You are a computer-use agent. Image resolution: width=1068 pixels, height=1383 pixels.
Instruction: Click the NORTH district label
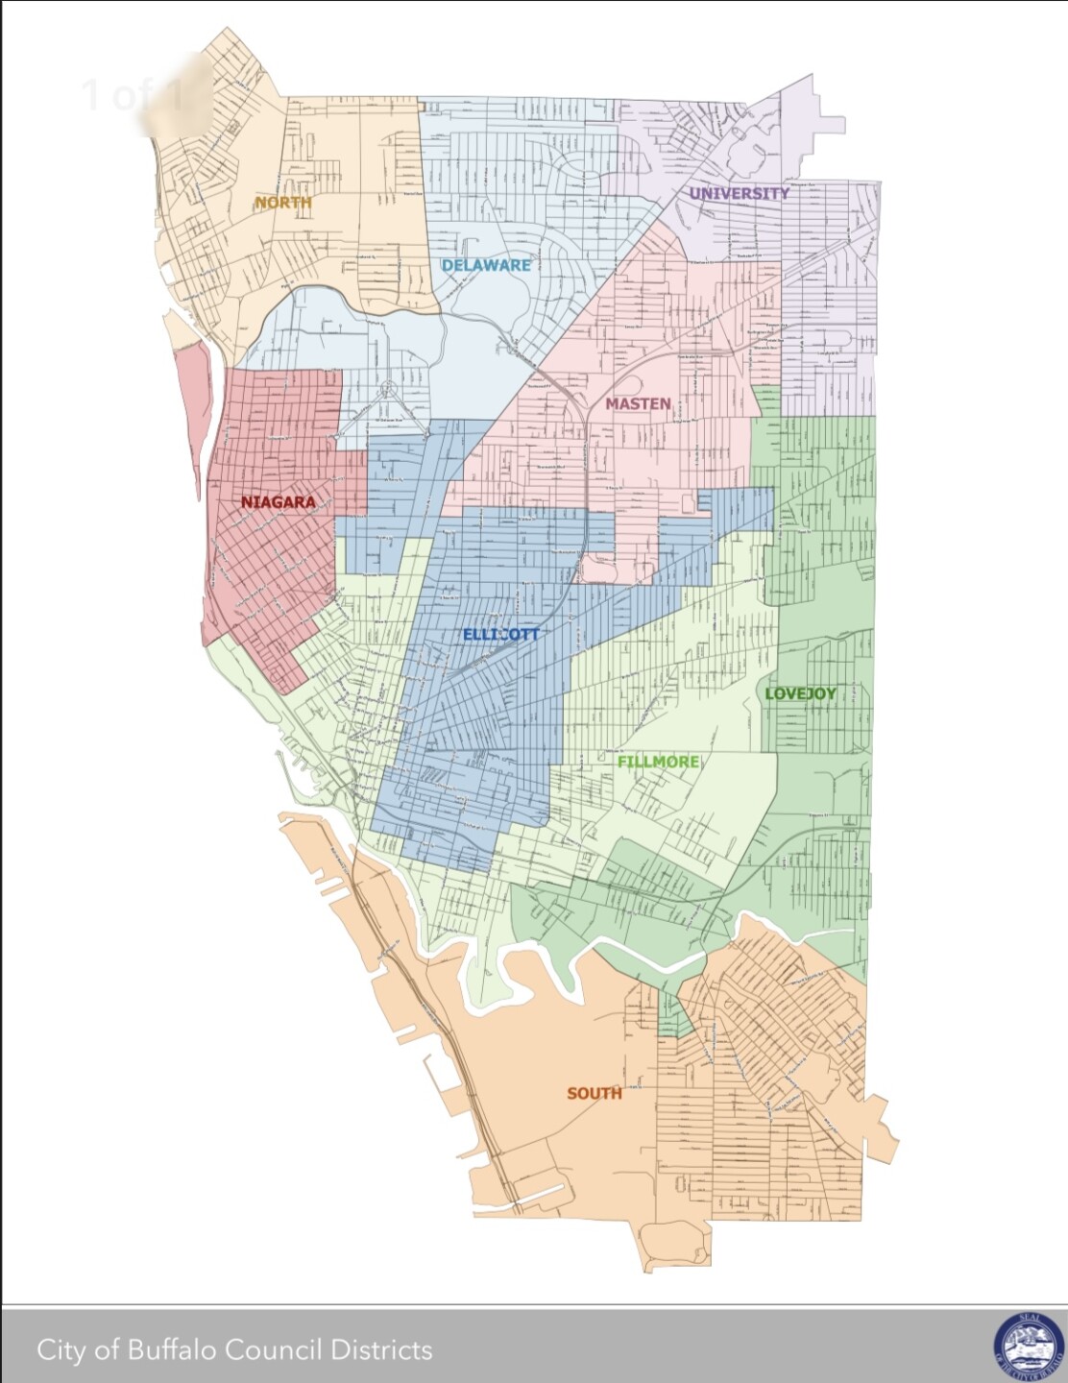coord(282,203)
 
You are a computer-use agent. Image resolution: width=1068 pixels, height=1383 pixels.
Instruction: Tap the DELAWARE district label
coord(486,265)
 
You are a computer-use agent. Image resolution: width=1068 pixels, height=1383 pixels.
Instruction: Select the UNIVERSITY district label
coord(739,193)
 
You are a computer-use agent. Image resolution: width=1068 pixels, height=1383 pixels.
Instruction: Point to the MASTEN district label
coord(638,404)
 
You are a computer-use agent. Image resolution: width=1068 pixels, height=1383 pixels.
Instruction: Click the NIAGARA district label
coord(278,502)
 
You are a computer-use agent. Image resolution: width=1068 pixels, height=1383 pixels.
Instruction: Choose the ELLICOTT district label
coord(500,635)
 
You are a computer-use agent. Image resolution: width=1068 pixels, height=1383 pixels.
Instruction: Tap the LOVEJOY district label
coord(800,694)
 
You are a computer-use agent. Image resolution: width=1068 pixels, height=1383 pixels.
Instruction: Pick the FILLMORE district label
coord(658,763)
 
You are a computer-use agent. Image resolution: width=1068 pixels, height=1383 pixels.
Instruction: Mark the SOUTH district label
coord(594,1094)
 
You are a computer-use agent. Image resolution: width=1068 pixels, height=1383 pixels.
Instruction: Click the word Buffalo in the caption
coord(174,1350)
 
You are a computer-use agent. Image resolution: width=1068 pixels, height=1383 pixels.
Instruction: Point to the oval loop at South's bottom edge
coord(675,1244)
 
